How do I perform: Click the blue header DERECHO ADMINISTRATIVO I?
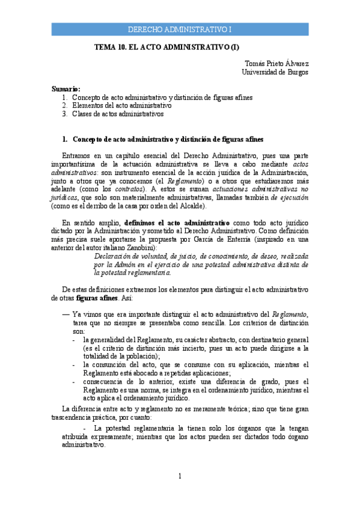coord(180,29)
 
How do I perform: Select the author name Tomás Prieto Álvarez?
coord(277,63)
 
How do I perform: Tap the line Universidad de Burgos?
coord(275,72)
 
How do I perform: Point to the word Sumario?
coord(66,88)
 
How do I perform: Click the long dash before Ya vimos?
coord(66,314)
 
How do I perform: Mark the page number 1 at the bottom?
coord(180,477)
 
